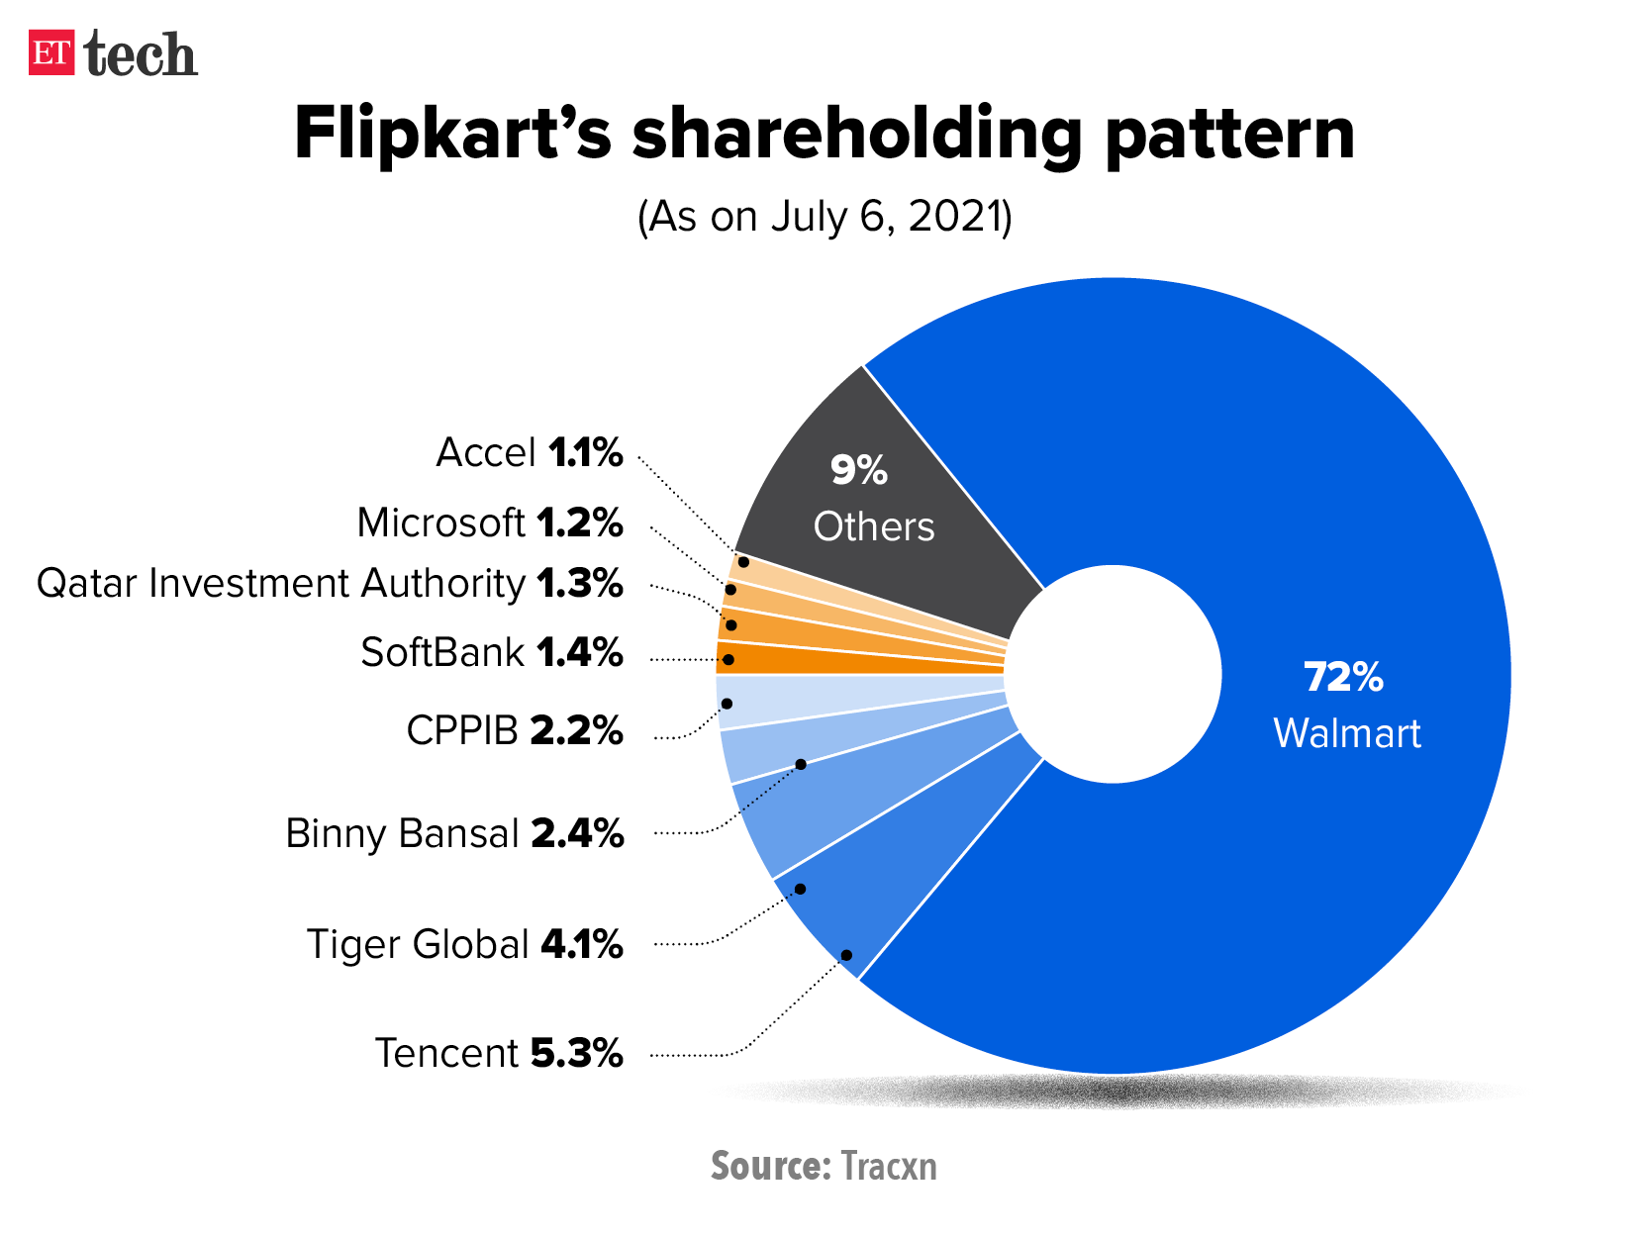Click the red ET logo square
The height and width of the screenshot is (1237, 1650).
coord(50,53)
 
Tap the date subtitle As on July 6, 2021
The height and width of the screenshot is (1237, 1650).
coord(825,217)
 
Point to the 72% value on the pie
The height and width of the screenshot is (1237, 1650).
coord(1343,678)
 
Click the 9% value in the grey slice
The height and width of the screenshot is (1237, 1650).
coord(858,470)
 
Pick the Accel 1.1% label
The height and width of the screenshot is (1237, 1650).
coord(530,453)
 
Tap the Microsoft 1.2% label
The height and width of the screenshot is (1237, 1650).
coord(490,523)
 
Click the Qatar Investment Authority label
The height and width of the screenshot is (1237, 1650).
coord(330,584)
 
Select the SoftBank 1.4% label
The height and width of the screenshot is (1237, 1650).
coord(492,653)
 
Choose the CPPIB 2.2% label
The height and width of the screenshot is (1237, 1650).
coord(515,731)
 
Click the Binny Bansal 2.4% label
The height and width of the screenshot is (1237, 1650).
coord(454,834)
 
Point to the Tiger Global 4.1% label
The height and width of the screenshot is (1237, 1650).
coord(465,944)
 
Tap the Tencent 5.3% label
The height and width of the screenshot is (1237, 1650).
coord(499,1053)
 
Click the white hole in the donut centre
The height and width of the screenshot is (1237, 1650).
coord(1114,674)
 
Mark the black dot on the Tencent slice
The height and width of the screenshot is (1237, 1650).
coord(847,955)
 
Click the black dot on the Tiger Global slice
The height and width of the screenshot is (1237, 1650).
coord(800,889)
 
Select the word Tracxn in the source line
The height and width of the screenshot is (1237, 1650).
coord(888,1167)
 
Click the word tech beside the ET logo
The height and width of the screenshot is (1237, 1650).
coord(141,54)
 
